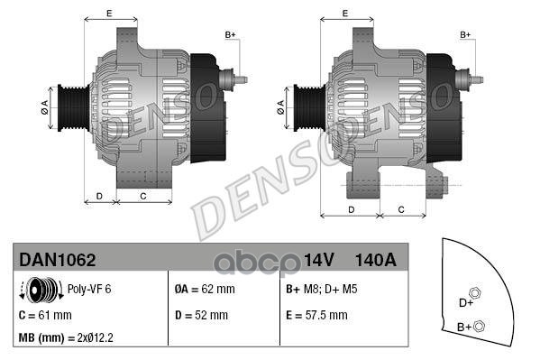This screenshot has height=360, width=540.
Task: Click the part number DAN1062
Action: pyautogui.click(x=57, y=259)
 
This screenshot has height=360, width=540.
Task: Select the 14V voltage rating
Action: pyautogui.click(x=319, y=259)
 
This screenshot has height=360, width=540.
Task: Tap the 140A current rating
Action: pyautogui.click(x=376, y=259)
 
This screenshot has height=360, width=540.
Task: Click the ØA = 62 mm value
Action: pyautogui.click(x=204, y=291)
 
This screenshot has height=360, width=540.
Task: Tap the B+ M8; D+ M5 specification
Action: pyautogui.click(x=323, y=291)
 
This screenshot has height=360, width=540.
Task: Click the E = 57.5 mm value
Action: pyautogui.click(x=316, y=315)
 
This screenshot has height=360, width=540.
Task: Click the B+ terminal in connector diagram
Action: pyautogui.click(x=480, y=326)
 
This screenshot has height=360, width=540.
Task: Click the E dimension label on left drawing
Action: pyautogui.click(x=108, y=13)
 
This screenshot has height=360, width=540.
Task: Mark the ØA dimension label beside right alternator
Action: pyautogui.click(x=281, y=106)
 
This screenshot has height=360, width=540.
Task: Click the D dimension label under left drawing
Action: pyautogui.click(x=99, y=195)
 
